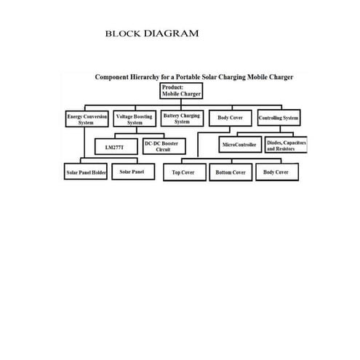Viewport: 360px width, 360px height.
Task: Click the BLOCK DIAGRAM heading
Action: (152, 33)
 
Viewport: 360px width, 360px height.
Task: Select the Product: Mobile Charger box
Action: (182, 90)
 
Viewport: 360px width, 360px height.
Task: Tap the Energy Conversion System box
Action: (86, 119)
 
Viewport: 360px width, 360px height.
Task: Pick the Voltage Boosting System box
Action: (135, 119)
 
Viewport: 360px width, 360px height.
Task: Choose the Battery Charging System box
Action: (182, 119)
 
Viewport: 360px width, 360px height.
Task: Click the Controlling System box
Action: (279, 118)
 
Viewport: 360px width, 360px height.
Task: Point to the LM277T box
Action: (115, 147)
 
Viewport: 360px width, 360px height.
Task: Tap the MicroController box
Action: (239, 145)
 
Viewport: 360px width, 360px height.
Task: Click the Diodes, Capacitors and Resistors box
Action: (287, 145)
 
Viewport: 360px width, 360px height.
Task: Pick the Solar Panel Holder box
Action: (86, 173)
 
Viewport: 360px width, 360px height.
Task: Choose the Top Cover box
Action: (183, 173)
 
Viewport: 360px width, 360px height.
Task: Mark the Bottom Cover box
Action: (231, 173)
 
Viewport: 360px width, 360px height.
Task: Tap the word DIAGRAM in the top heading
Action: (172, 33)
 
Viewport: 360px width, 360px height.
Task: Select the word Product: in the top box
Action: (173, 87)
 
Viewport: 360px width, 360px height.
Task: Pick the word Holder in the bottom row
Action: (97, 173)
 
